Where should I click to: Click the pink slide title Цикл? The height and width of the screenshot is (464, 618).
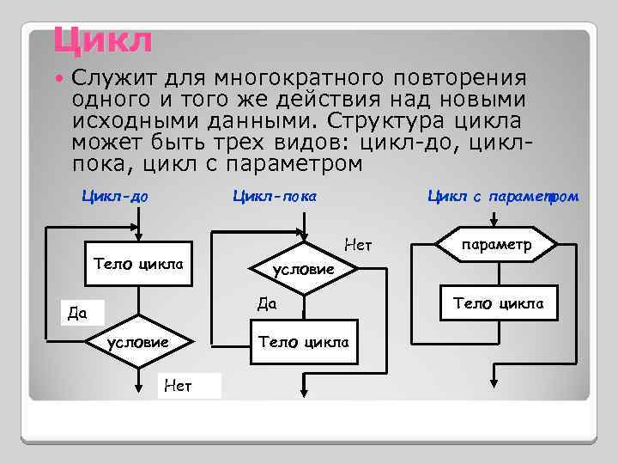coord(102,40)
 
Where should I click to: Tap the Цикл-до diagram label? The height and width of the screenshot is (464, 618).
coord(115,196)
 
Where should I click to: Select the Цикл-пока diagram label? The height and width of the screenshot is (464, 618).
coord(275,196)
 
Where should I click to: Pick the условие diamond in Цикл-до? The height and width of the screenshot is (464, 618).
coord(137,343)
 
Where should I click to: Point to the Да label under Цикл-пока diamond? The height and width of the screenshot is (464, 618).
coord(267,303)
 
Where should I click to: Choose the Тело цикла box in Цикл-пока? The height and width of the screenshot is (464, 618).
coord(304,341)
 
